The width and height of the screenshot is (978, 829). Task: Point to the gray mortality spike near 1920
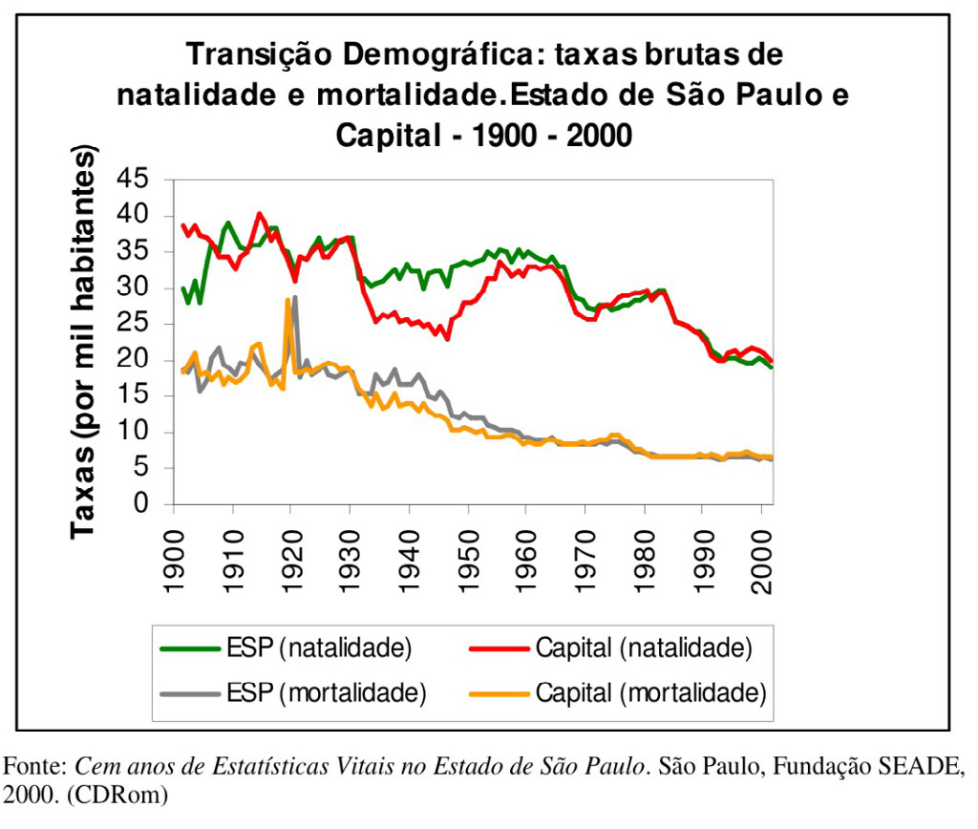click(x=295, y=298)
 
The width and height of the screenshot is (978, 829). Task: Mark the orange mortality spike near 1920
click(x=287, y=301)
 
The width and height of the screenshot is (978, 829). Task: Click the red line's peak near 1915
click(x=261, y=213)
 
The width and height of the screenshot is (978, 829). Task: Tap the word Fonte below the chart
click(x=34, y=767)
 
